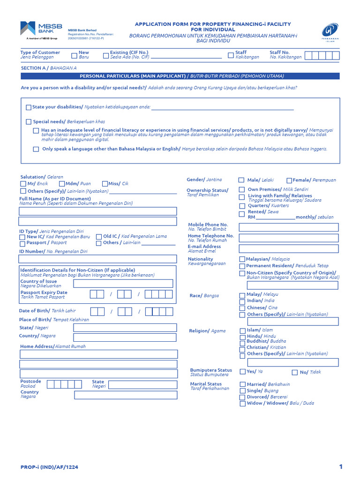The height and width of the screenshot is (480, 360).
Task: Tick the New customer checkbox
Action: [74, 55]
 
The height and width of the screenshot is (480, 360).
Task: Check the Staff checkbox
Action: [231, 55]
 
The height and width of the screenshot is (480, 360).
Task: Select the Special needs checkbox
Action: [29, 122]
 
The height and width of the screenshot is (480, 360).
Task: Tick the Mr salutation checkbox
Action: [23, 184]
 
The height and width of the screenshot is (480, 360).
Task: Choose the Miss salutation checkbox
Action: [105, 184]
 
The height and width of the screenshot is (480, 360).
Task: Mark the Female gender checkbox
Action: [289, 180]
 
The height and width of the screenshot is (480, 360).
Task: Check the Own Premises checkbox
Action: [242, 189]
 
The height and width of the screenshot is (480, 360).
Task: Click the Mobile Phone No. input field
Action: [288, 227]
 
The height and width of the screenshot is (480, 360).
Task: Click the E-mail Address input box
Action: [288, 248]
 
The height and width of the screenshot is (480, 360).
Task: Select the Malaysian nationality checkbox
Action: [242, 259]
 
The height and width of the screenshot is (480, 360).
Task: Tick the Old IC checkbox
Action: [98, 237]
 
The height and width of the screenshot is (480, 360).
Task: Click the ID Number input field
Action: [97, 259]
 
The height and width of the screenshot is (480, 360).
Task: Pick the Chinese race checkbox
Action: [242, 308]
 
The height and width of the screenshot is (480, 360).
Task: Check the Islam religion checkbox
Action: [242, 330]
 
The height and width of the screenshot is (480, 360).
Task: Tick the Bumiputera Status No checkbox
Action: [294, 372]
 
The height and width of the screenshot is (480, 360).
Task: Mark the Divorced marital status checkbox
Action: [242, 397]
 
